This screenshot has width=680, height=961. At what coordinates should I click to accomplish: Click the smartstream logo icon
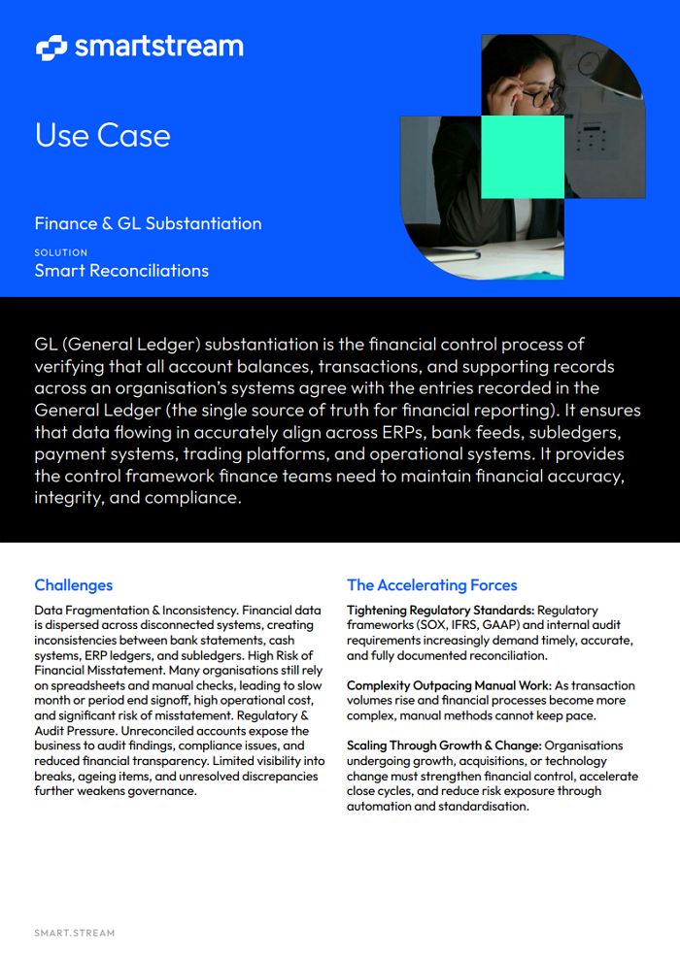click(x=51, y=46)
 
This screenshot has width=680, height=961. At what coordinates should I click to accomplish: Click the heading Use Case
click(x=102, y=135)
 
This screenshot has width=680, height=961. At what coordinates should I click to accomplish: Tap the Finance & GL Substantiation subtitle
click(x=148, y=223)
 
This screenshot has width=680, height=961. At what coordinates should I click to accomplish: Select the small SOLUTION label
click(x=61, y=252)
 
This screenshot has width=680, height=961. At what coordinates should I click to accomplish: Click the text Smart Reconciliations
click(x=121, y=271)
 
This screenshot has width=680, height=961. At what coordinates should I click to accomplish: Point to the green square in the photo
click(x=523, y=156)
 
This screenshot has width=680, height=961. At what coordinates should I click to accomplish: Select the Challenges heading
click(x=74, y=585)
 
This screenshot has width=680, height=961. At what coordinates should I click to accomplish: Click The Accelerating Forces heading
click(x=432, y=585)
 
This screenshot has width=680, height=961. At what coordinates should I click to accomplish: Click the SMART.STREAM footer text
click(x=75, y=934)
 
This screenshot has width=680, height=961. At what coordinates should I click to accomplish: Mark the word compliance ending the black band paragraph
click(x=191, y=498)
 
